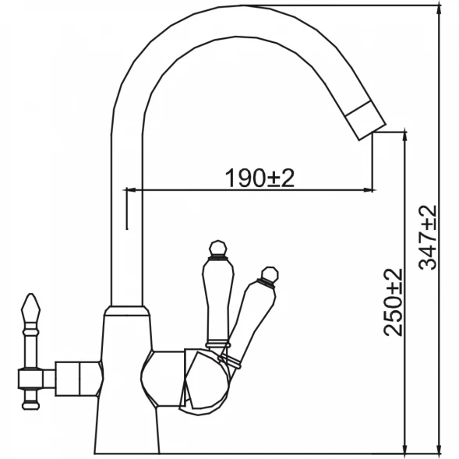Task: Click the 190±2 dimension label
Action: point(260,178)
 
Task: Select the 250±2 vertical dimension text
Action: point(393,302)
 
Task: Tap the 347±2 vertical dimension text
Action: point(427,237)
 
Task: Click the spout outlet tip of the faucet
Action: point(372,132)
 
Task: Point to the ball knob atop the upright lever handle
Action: point(217,249)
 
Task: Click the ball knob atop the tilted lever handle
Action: point(270,274)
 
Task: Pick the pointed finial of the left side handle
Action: point(30,307)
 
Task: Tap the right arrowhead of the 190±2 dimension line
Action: point(369,190)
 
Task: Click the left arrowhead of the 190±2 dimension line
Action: point(131,190)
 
